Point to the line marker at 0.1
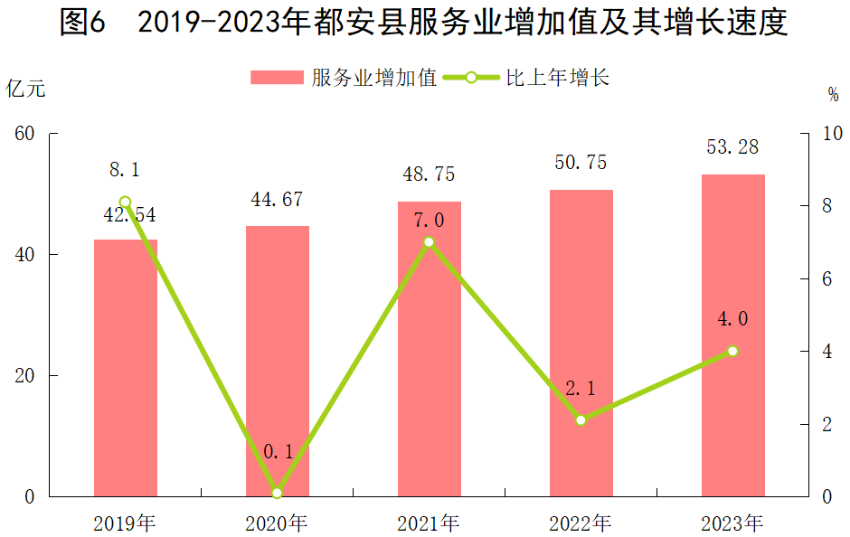[x=277, y=493]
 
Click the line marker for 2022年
[x=581, y=420]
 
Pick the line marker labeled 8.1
[x=126, y=203]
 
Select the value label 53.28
[x=733, y=147]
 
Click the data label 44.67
[x=277, y=200]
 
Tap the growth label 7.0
[x=429, y=220]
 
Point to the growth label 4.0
[x=732, y=319]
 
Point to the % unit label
[x=833, y=94]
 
